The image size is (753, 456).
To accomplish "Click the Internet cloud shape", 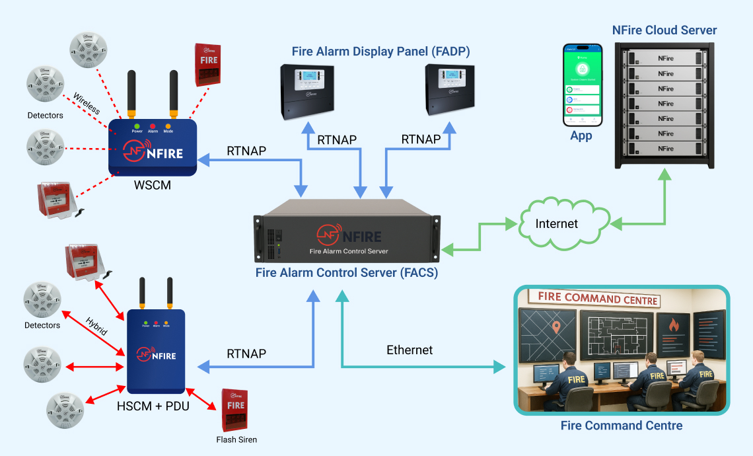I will click(557, 224).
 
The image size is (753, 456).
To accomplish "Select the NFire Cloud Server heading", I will click(664, 30).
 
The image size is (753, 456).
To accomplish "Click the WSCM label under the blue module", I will click(152, 186).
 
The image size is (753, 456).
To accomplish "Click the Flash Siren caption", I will click(236, 439).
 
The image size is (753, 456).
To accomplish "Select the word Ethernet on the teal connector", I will click(410, 350).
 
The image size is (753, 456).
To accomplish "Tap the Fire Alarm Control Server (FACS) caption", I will click(347, 272).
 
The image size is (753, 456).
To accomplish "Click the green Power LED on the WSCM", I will click(137, 125).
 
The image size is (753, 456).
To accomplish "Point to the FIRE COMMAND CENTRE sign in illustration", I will click(598, 299).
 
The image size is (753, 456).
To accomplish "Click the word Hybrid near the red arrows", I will click(96, 326).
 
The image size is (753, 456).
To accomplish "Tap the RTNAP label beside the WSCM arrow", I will click(246, 151).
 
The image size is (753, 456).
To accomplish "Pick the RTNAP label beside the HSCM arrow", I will click(246, 354).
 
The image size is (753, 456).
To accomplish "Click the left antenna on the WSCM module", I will click(131, 93).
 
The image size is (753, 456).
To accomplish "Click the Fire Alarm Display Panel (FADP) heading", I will click(380, 52).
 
